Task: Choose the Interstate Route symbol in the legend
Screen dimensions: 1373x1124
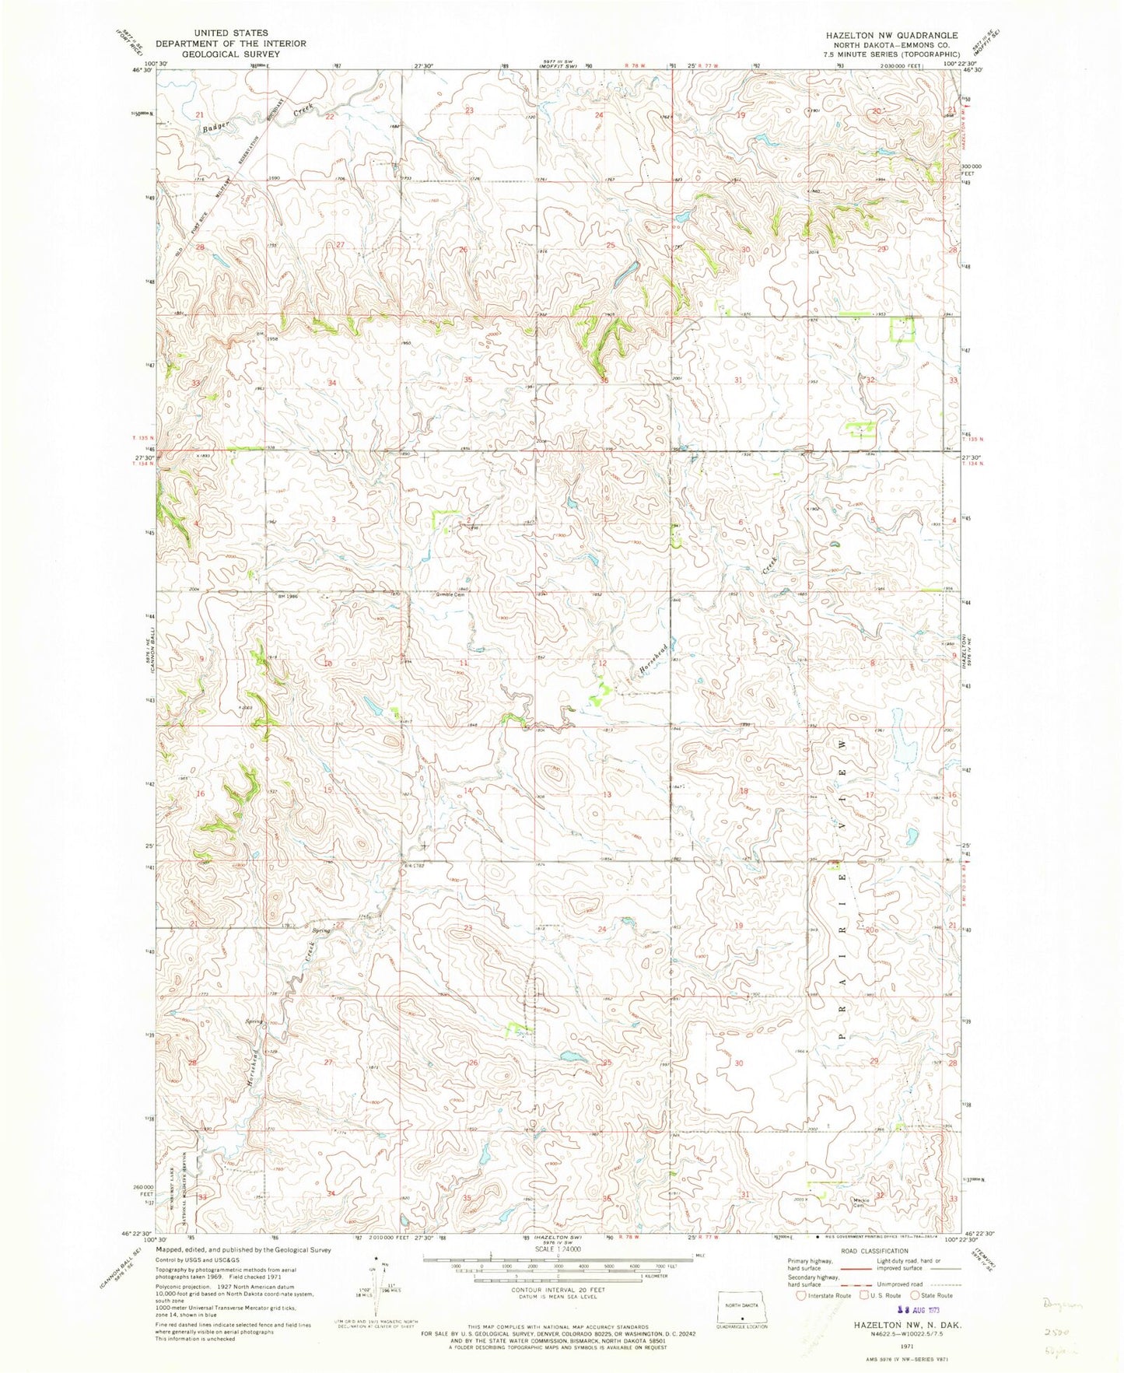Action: pyautogui.click(x=801, y=1295)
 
